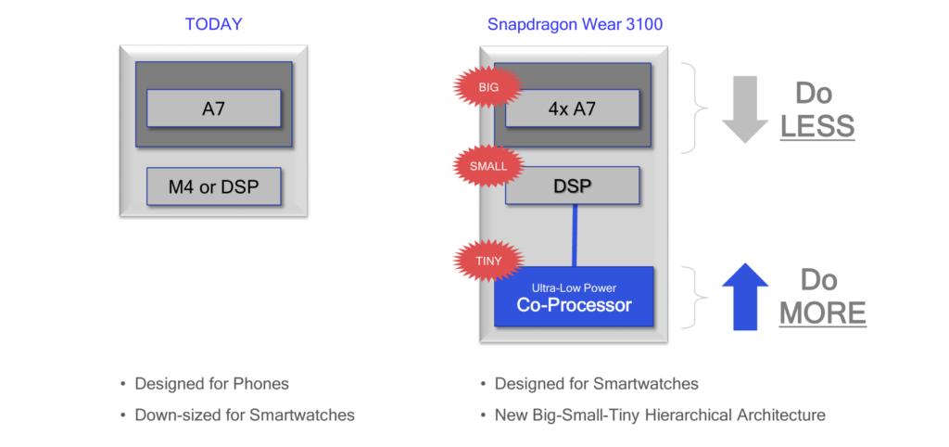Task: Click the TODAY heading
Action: click(x=213, y=24)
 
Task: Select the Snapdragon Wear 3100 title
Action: click(x=575, y=24)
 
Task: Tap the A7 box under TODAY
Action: click(x=213, y=109)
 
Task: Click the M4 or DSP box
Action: click(x=213, y=187)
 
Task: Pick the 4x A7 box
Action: click(x=572, y=109)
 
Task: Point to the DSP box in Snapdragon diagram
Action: click(x=572, y=185)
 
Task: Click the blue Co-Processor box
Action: click(x=574, y=297)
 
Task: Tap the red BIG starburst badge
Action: click(x=487, y=87)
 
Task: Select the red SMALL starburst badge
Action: click(x=488, y=166)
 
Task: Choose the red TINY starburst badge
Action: click(x=487, y=261)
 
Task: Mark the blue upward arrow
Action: click(x=744, y=297)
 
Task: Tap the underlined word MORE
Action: click(x=822, y=313)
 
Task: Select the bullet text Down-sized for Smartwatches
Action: click(x=245, y=415)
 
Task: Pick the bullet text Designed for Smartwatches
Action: click(x=596, y=384)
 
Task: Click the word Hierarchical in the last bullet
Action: click(x=686, y=415)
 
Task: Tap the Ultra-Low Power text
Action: click(x=574, y=287)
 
